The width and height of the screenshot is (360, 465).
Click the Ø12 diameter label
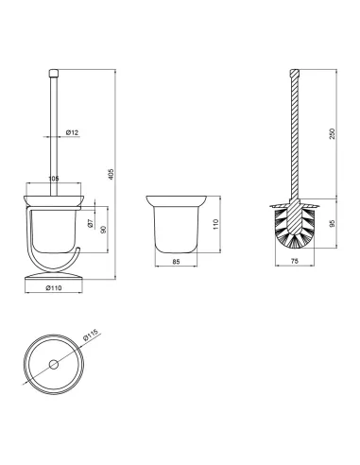coord(72,132)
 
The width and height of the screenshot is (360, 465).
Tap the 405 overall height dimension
coord(111,174)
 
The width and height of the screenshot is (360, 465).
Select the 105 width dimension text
coord(54,179)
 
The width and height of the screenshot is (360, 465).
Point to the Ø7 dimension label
coord(90,223)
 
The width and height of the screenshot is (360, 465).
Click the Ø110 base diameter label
coord(54,287)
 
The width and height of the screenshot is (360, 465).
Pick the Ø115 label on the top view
coord(91,335)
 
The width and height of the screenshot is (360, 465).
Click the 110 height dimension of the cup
coord(215,224)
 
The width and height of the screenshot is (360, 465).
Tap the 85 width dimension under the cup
coord(176,262)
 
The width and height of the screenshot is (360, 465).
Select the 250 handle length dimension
coord(332,134)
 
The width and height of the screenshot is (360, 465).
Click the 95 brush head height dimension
coord(332,223)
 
